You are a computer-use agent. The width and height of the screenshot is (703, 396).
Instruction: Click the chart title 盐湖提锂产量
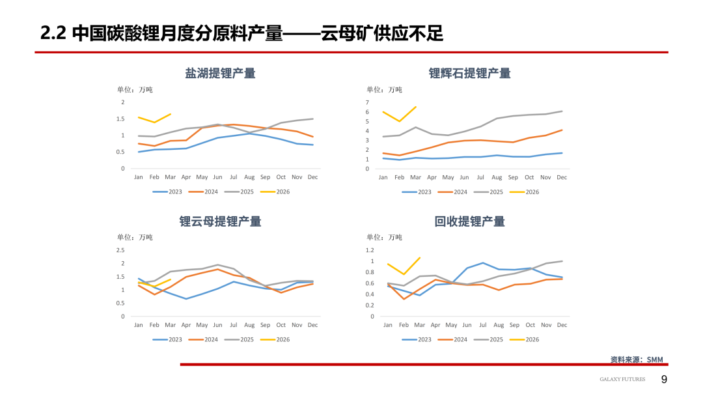click(220, 73)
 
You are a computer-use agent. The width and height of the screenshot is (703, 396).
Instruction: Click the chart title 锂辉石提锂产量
click(469, 73)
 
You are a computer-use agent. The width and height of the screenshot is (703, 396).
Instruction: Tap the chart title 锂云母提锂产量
click(220, 221)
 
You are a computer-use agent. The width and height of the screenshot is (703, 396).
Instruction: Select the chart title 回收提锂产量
click(469, 221)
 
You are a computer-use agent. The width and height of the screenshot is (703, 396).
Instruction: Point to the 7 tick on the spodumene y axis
click(367, 102)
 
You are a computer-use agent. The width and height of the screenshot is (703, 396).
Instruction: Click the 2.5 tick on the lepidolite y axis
click(120, 250)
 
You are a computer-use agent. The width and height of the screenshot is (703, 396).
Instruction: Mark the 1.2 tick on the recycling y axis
click(370, 250)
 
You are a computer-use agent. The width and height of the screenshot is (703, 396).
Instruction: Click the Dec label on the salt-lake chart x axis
click(312, 177)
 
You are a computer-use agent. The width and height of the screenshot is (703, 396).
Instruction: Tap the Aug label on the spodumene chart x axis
click(497, 177)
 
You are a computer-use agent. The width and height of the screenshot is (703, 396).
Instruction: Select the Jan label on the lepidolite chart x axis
click(138, 325)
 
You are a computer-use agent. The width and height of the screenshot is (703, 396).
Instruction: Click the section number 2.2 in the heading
click(53, 33)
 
